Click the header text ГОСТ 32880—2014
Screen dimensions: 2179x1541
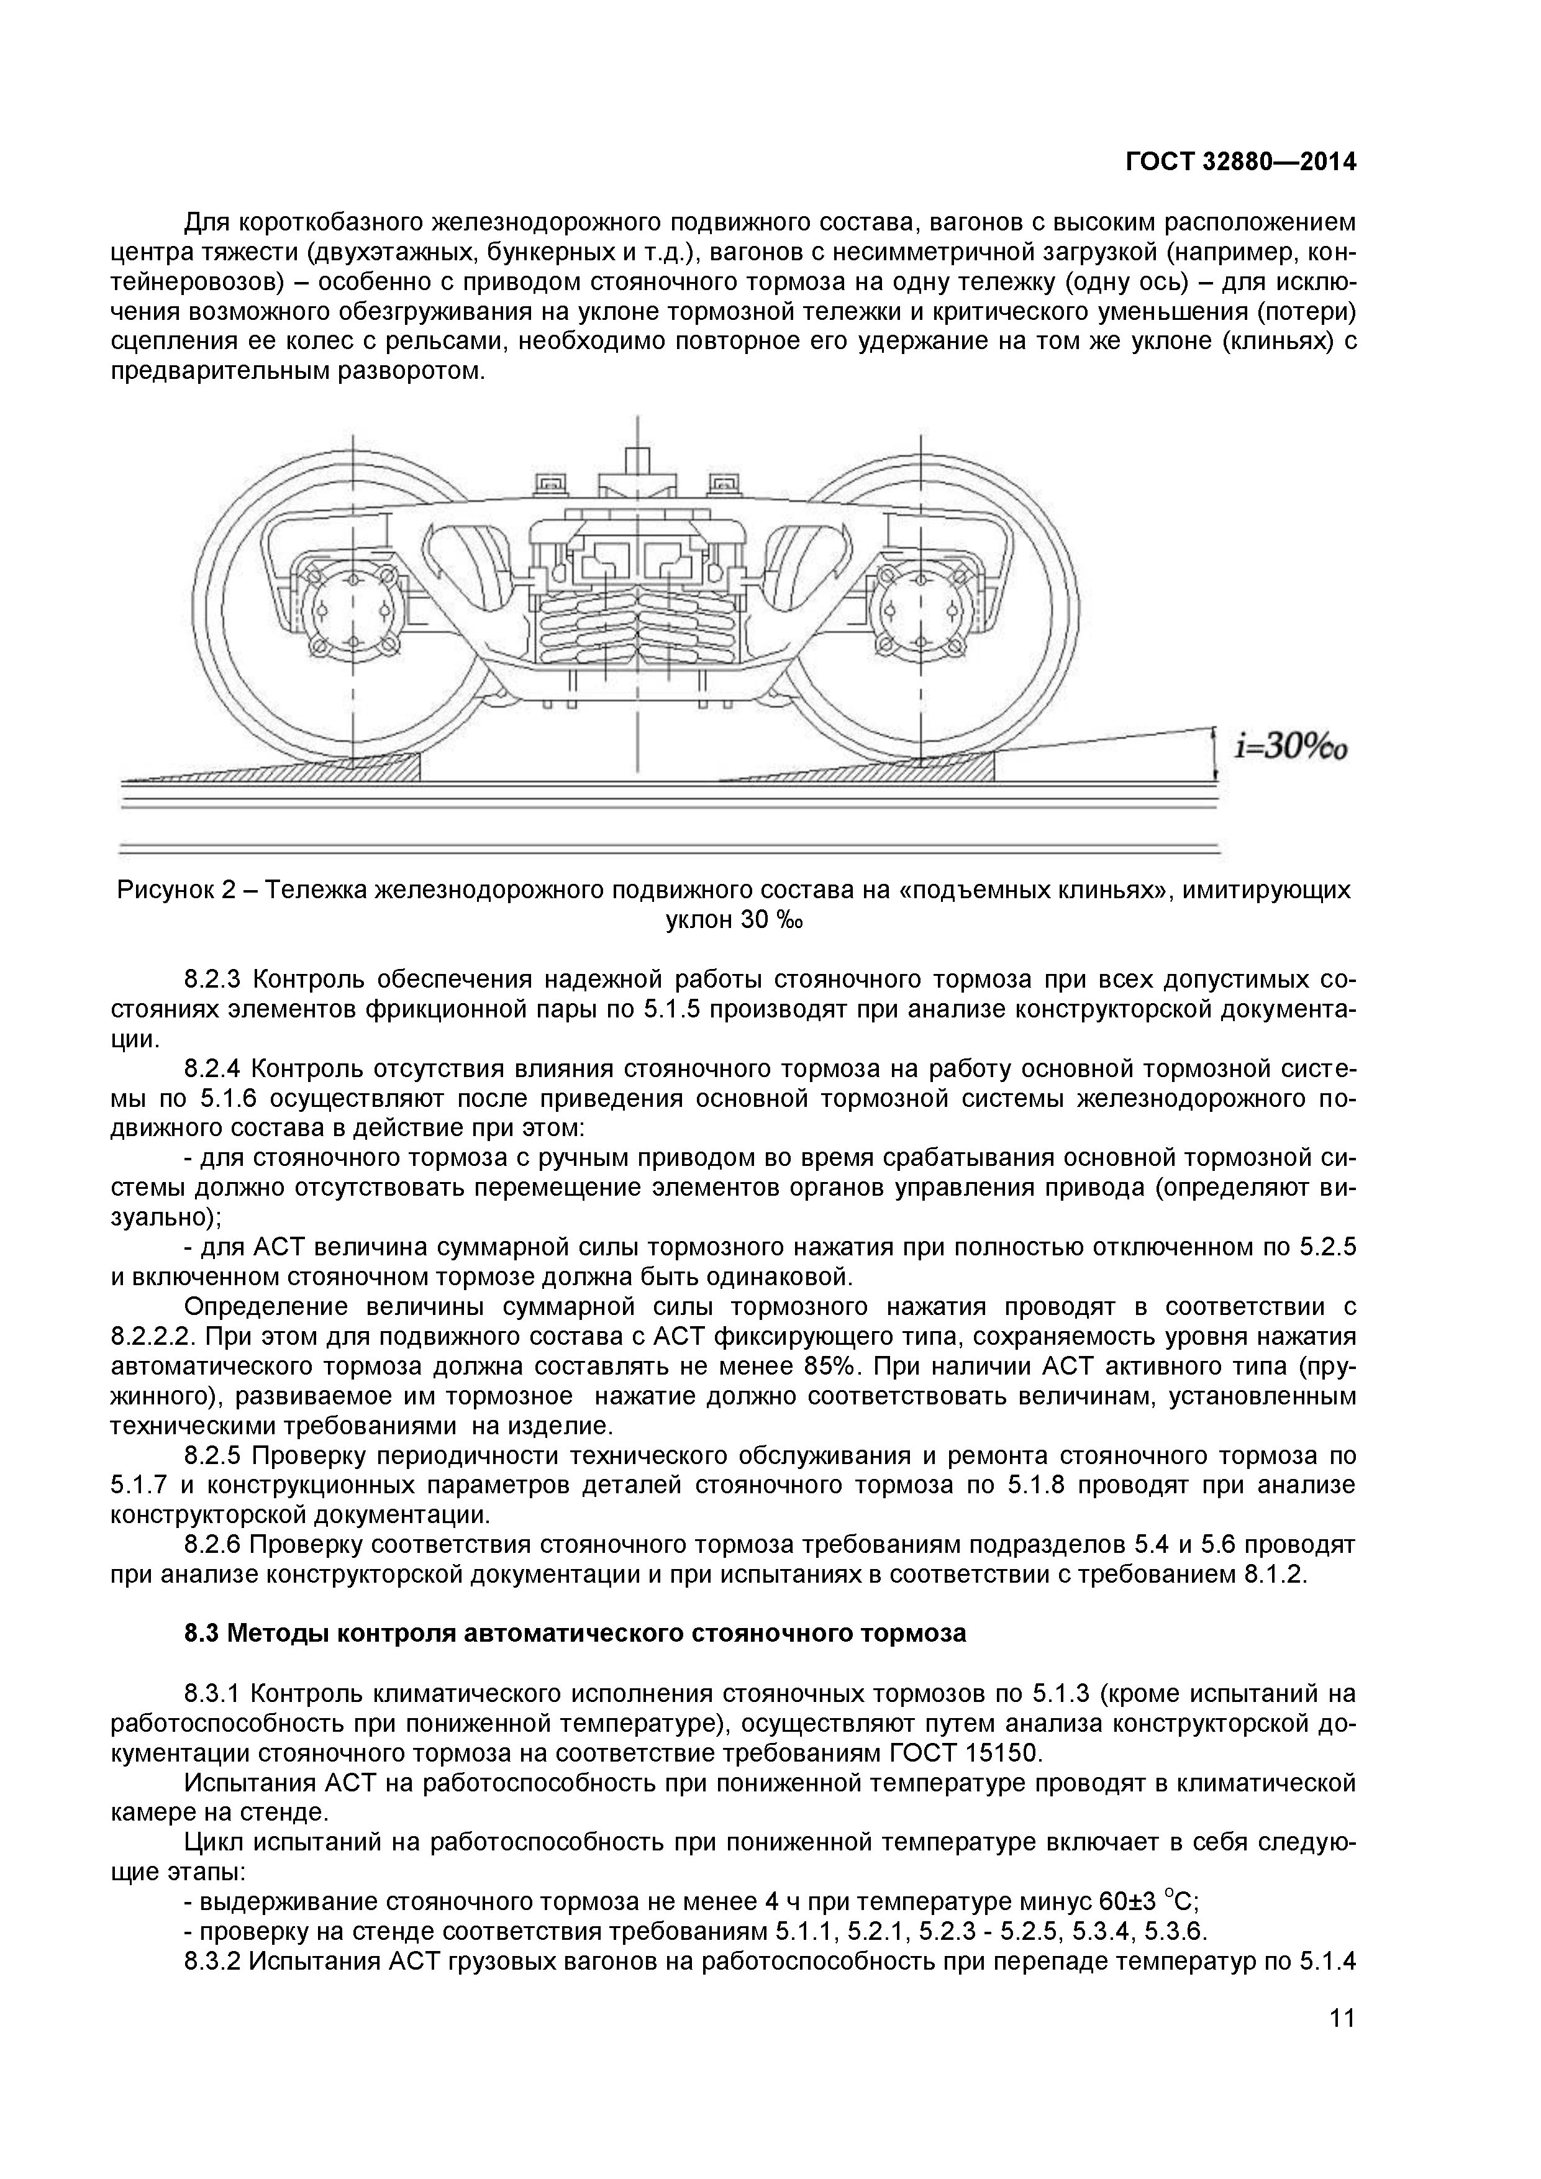click(x=1240, y=162)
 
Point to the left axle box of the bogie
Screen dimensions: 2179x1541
click(x=353, y=612)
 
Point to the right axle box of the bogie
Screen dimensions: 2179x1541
click(x=919, y=612)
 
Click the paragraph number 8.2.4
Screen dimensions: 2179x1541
click(x=216, y=1070)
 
